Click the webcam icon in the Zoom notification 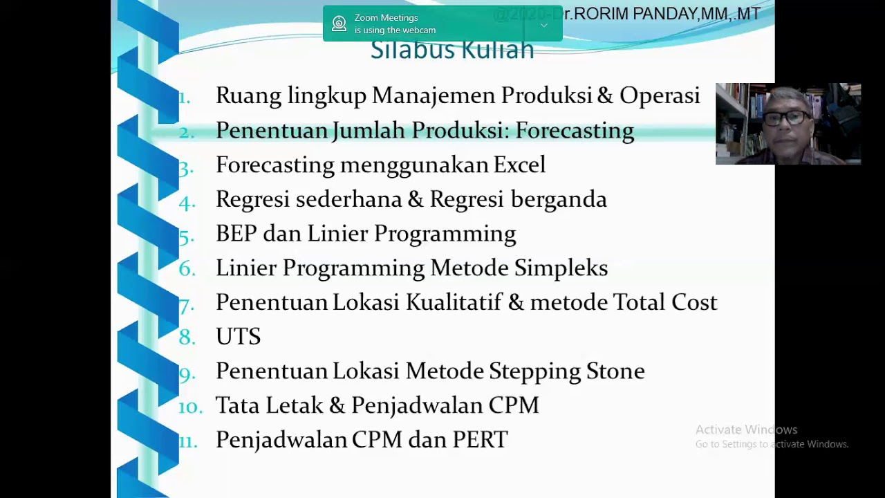(339, 24)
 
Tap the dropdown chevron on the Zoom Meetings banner (544, 26)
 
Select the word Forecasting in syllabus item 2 (575, 131)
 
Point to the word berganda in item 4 (559, 200)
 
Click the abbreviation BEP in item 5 (236, 234)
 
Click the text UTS (238, 337)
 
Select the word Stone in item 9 (615, 371)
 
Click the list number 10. (189, 407)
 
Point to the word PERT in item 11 (480, 440)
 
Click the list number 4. (187, 201)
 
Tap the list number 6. (187, 270)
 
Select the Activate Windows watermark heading (746, 430)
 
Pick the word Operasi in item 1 (660, 96)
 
